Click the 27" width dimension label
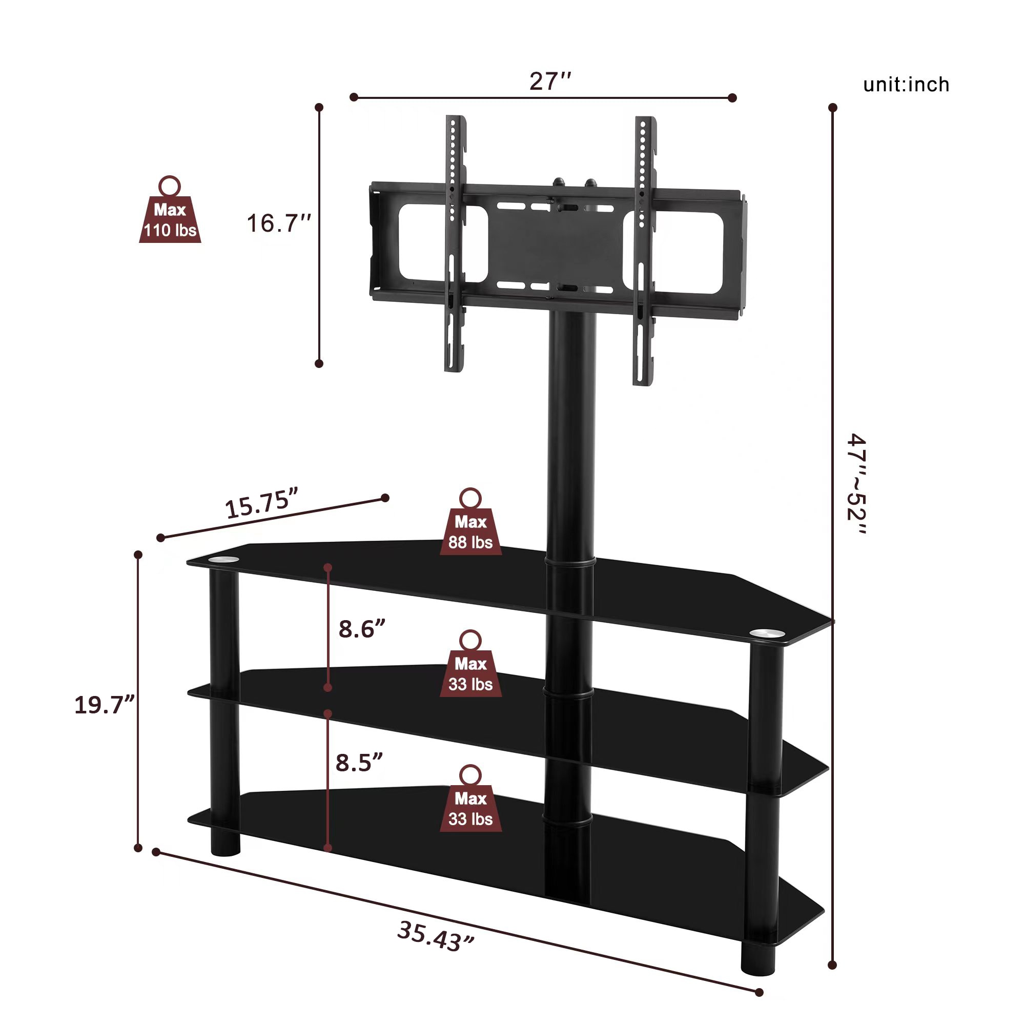click(x=550, y=81)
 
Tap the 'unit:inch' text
click(x=906, y=85)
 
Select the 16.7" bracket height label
click(x=278, y=223)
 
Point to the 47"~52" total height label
click(x=856, y=484)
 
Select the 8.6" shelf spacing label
click(x=361, y=629)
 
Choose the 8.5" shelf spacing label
click(x=359, y=763)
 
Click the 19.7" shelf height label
click(x=105, y=705)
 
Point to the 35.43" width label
click(x=435, y=936)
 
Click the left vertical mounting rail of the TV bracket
click(x=455, y=244)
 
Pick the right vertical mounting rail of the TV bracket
click(x=644, y=250)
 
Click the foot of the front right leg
click(x=757, y=959)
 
